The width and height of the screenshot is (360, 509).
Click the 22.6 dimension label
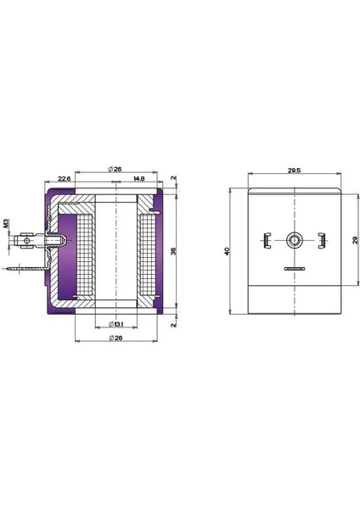tap(64, 179)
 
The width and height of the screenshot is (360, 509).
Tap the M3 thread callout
tap(6, 225)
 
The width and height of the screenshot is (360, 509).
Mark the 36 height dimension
tap(174, 251)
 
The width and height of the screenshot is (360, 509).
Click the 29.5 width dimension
tap(294, 170)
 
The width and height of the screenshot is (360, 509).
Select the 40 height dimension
tap(228, 252)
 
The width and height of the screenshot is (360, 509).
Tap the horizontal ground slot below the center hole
tap(294, 269)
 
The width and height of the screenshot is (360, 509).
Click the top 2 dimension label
tap(173, 180)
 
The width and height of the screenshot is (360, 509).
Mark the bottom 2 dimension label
tap(173, 323)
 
